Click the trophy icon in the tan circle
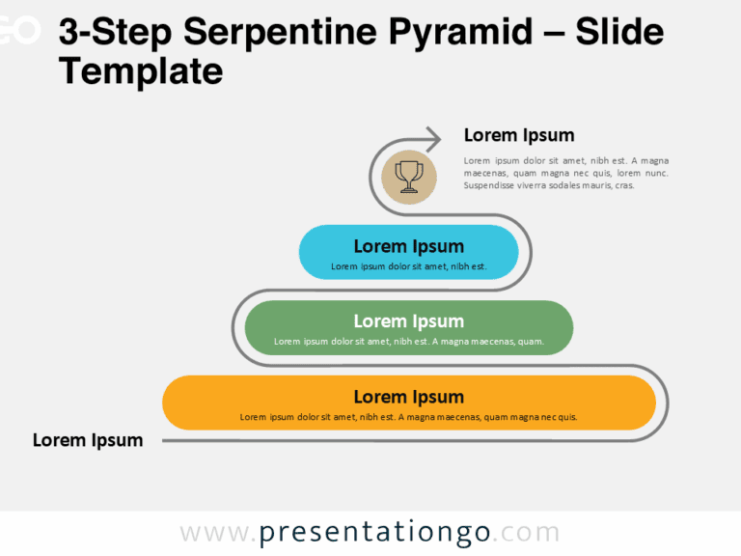[x=409, y=177]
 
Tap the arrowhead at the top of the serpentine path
[x=433, y=138]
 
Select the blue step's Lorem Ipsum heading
[x=408, y=246]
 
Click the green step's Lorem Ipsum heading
[x=408, y=321]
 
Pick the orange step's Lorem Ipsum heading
[x=408, y=397]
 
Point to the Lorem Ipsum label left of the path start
[x=88, y=440]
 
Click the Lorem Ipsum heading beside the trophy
[x=519, y=135]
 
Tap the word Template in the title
[x=141, y=71]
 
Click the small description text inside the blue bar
[x=408, y=266]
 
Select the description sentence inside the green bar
[x=408, y=341]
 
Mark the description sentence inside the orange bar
[x=408, y=417]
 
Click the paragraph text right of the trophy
[x=565, y=173]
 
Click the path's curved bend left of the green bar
[x=233, y=328]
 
